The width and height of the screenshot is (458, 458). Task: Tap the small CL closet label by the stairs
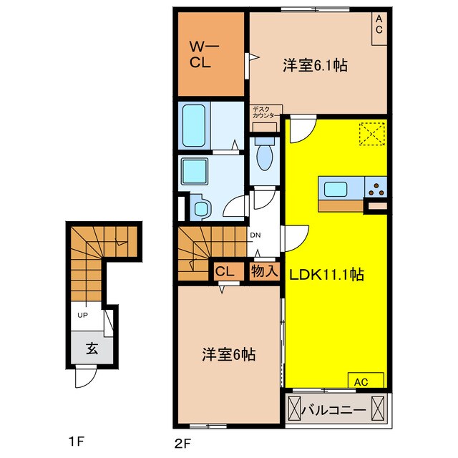coord(225,271)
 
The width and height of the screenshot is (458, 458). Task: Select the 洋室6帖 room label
coord(227,354)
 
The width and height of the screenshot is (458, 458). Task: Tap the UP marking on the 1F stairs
coord(83,315)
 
